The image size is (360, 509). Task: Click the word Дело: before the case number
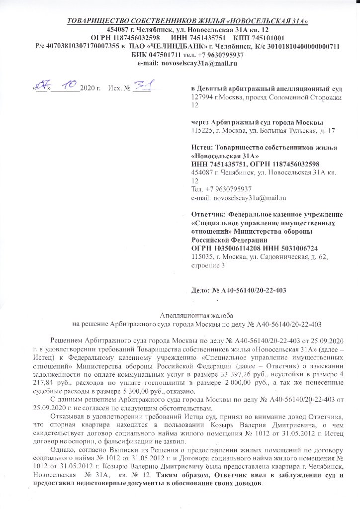pyautogui.click(x=201, y=290)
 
